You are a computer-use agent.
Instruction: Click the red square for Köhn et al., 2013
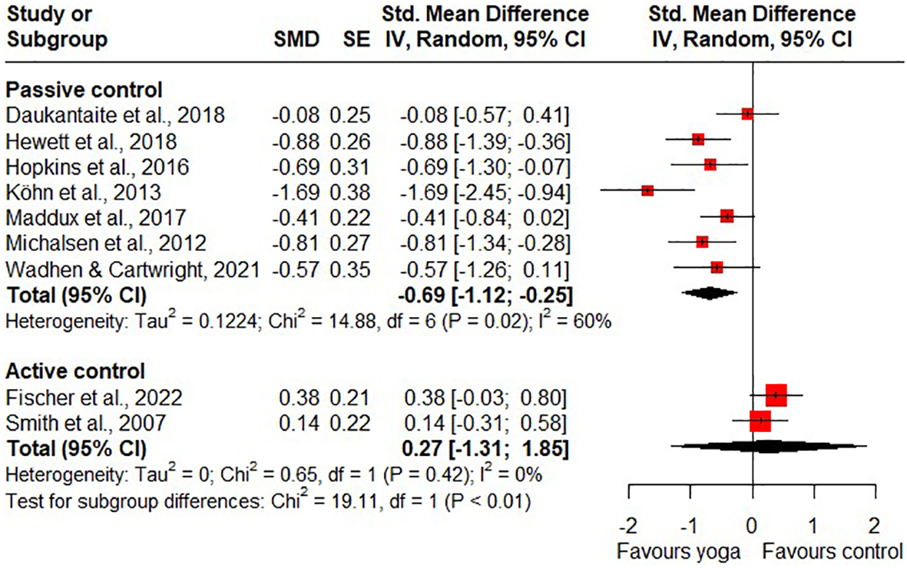647,190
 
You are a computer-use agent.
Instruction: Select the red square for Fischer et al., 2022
776,395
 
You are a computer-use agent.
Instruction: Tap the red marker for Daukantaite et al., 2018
747,114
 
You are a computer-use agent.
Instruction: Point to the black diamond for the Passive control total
709,292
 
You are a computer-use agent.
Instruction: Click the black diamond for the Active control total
769,446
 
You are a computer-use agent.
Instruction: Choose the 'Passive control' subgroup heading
84,90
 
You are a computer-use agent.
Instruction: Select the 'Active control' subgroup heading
75,372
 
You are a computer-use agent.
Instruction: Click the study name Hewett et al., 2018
91,141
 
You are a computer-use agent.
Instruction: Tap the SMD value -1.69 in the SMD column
295,192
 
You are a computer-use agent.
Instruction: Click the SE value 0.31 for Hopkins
349,167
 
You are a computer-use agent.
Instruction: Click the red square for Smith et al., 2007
760,421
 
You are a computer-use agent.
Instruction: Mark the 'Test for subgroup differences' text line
268,502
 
